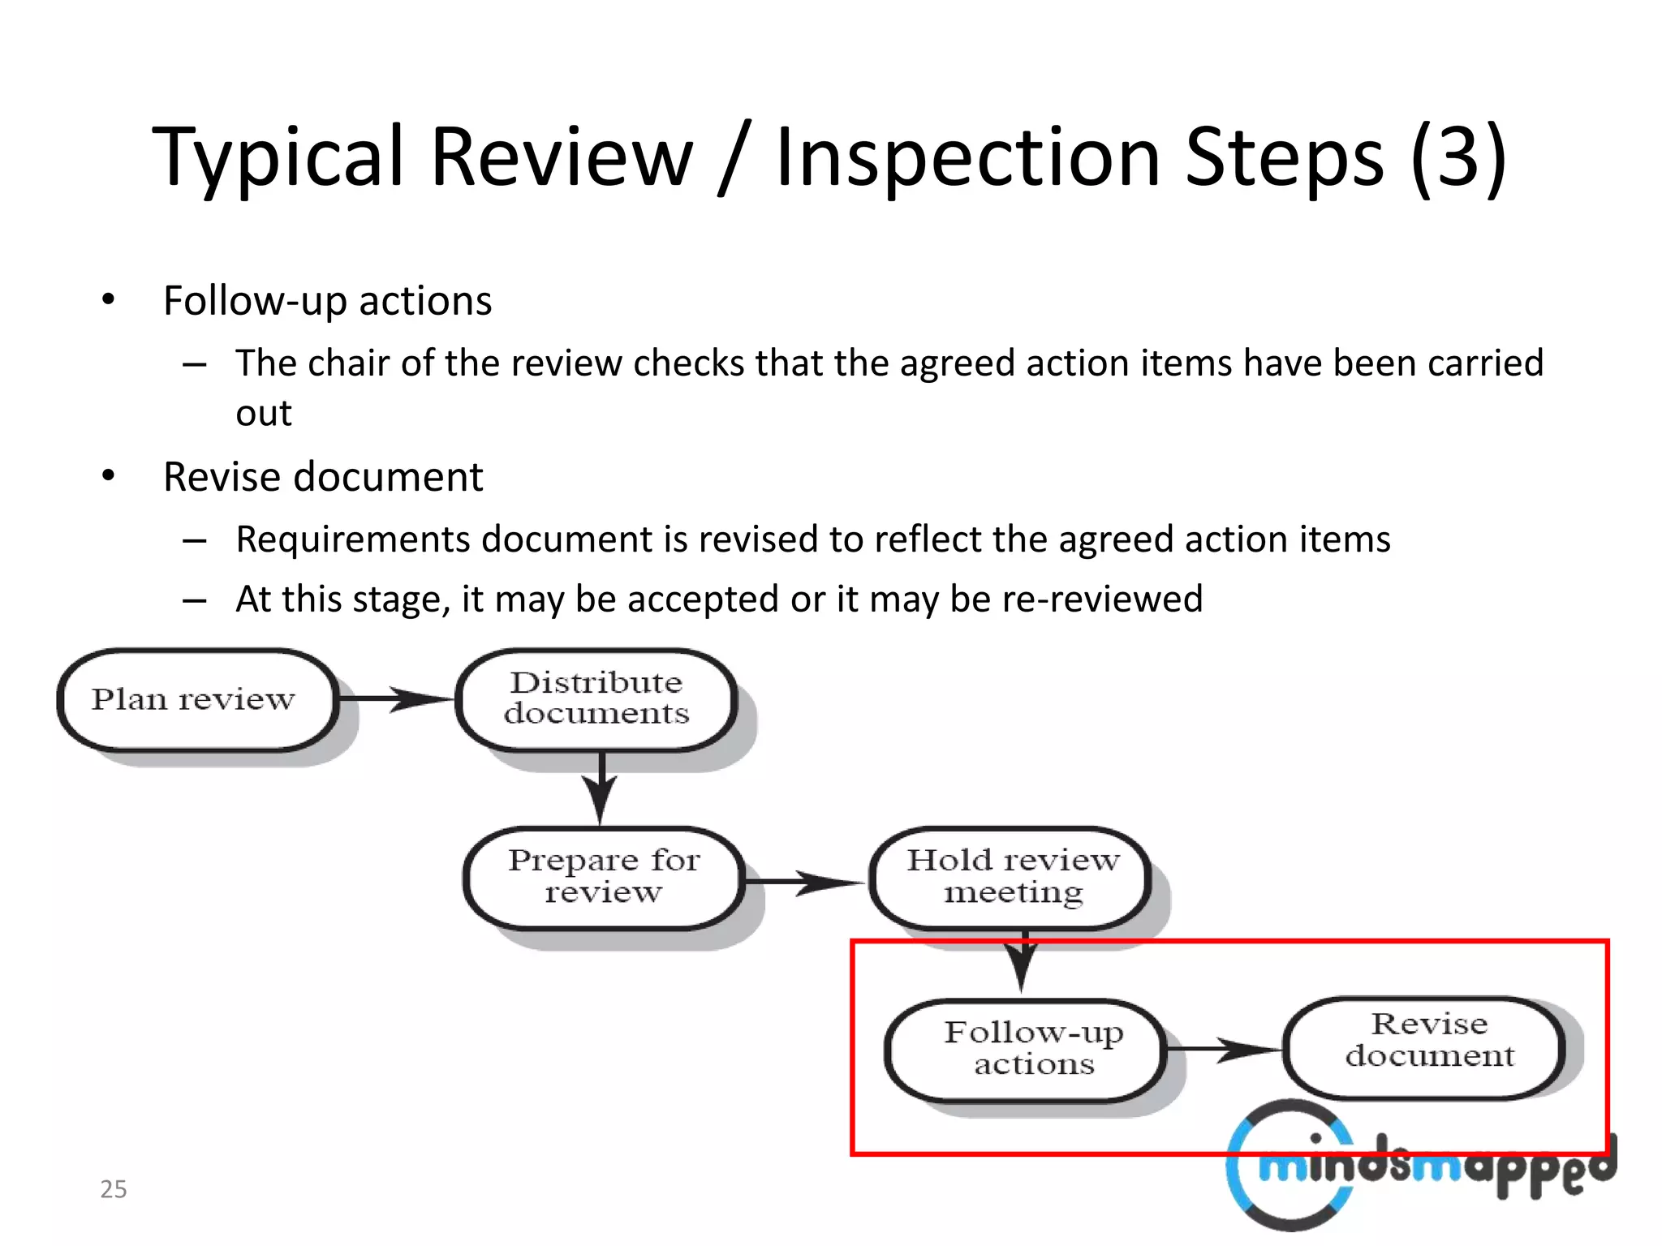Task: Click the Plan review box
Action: pos(195,699)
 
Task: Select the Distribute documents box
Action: pos(596,698)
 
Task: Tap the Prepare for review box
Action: pos(604,877)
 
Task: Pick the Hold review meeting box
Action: pos(1011,877)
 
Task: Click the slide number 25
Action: pos(114,1189)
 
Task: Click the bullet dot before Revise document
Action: pos(109,477)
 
